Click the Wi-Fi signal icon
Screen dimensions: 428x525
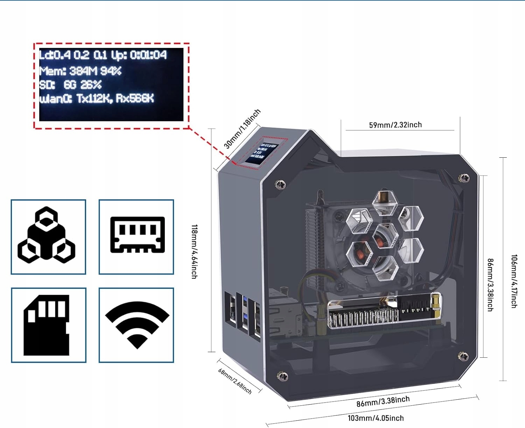point(137,324)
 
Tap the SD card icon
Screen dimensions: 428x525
point(46,325)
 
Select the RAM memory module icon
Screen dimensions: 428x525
point(137,235)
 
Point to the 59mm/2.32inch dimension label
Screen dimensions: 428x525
point(395,125)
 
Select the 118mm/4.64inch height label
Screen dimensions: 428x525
point(194,251)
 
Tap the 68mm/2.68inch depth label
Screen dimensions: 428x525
point(235,381)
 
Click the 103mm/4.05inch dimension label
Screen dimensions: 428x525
point(376,418)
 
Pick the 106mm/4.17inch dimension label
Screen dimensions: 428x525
point(514,281)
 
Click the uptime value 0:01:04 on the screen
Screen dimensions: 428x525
point(148,55)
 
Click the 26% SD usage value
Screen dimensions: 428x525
point(91,85)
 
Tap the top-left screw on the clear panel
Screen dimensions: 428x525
point(281,184)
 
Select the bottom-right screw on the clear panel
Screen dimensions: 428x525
point(463,356)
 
